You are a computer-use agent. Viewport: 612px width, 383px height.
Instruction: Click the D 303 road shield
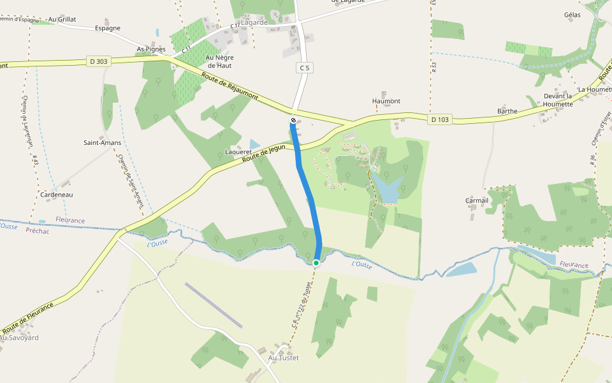pyautogui.click(x=99, y=61)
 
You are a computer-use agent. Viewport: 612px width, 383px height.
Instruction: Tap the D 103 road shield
pyautogui.click(x=440, y=119)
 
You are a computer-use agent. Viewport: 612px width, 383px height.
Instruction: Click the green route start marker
pyautogui.click(x=316, y=262)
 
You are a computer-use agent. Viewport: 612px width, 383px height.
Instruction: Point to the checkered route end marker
pyautogui.click(x=293, y=120)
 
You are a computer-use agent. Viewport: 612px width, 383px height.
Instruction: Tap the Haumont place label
pyautogui.click(x=386, y=101)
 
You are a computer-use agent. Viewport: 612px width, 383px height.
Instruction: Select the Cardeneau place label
pyautogui.click(x=56, y=194)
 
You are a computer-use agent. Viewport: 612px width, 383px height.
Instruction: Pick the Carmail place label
pyautogui.click(x=477, y=200)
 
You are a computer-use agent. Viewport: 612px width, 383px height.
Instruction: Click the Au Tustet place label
pyautogui.click(x=283, y=358)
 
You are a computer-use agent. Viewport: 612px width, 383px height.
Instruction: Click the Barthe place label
pyautogui.click(x=507, y=111)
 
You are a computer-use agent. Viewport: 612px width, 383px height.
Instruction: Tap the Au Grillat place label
pyautogui.click(x=62, y=19)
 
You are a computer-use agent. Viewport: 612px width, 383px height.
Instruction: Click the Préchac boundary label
pyautogui.click(x=38, y=231)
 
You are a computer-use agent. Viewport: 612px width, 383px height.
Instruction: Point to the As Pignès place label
pyautogui.click(x=151, y=49)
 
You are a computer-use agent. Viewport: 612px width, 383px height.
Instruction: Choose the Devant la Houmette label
pyautogui.click(x=558, y=100)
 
